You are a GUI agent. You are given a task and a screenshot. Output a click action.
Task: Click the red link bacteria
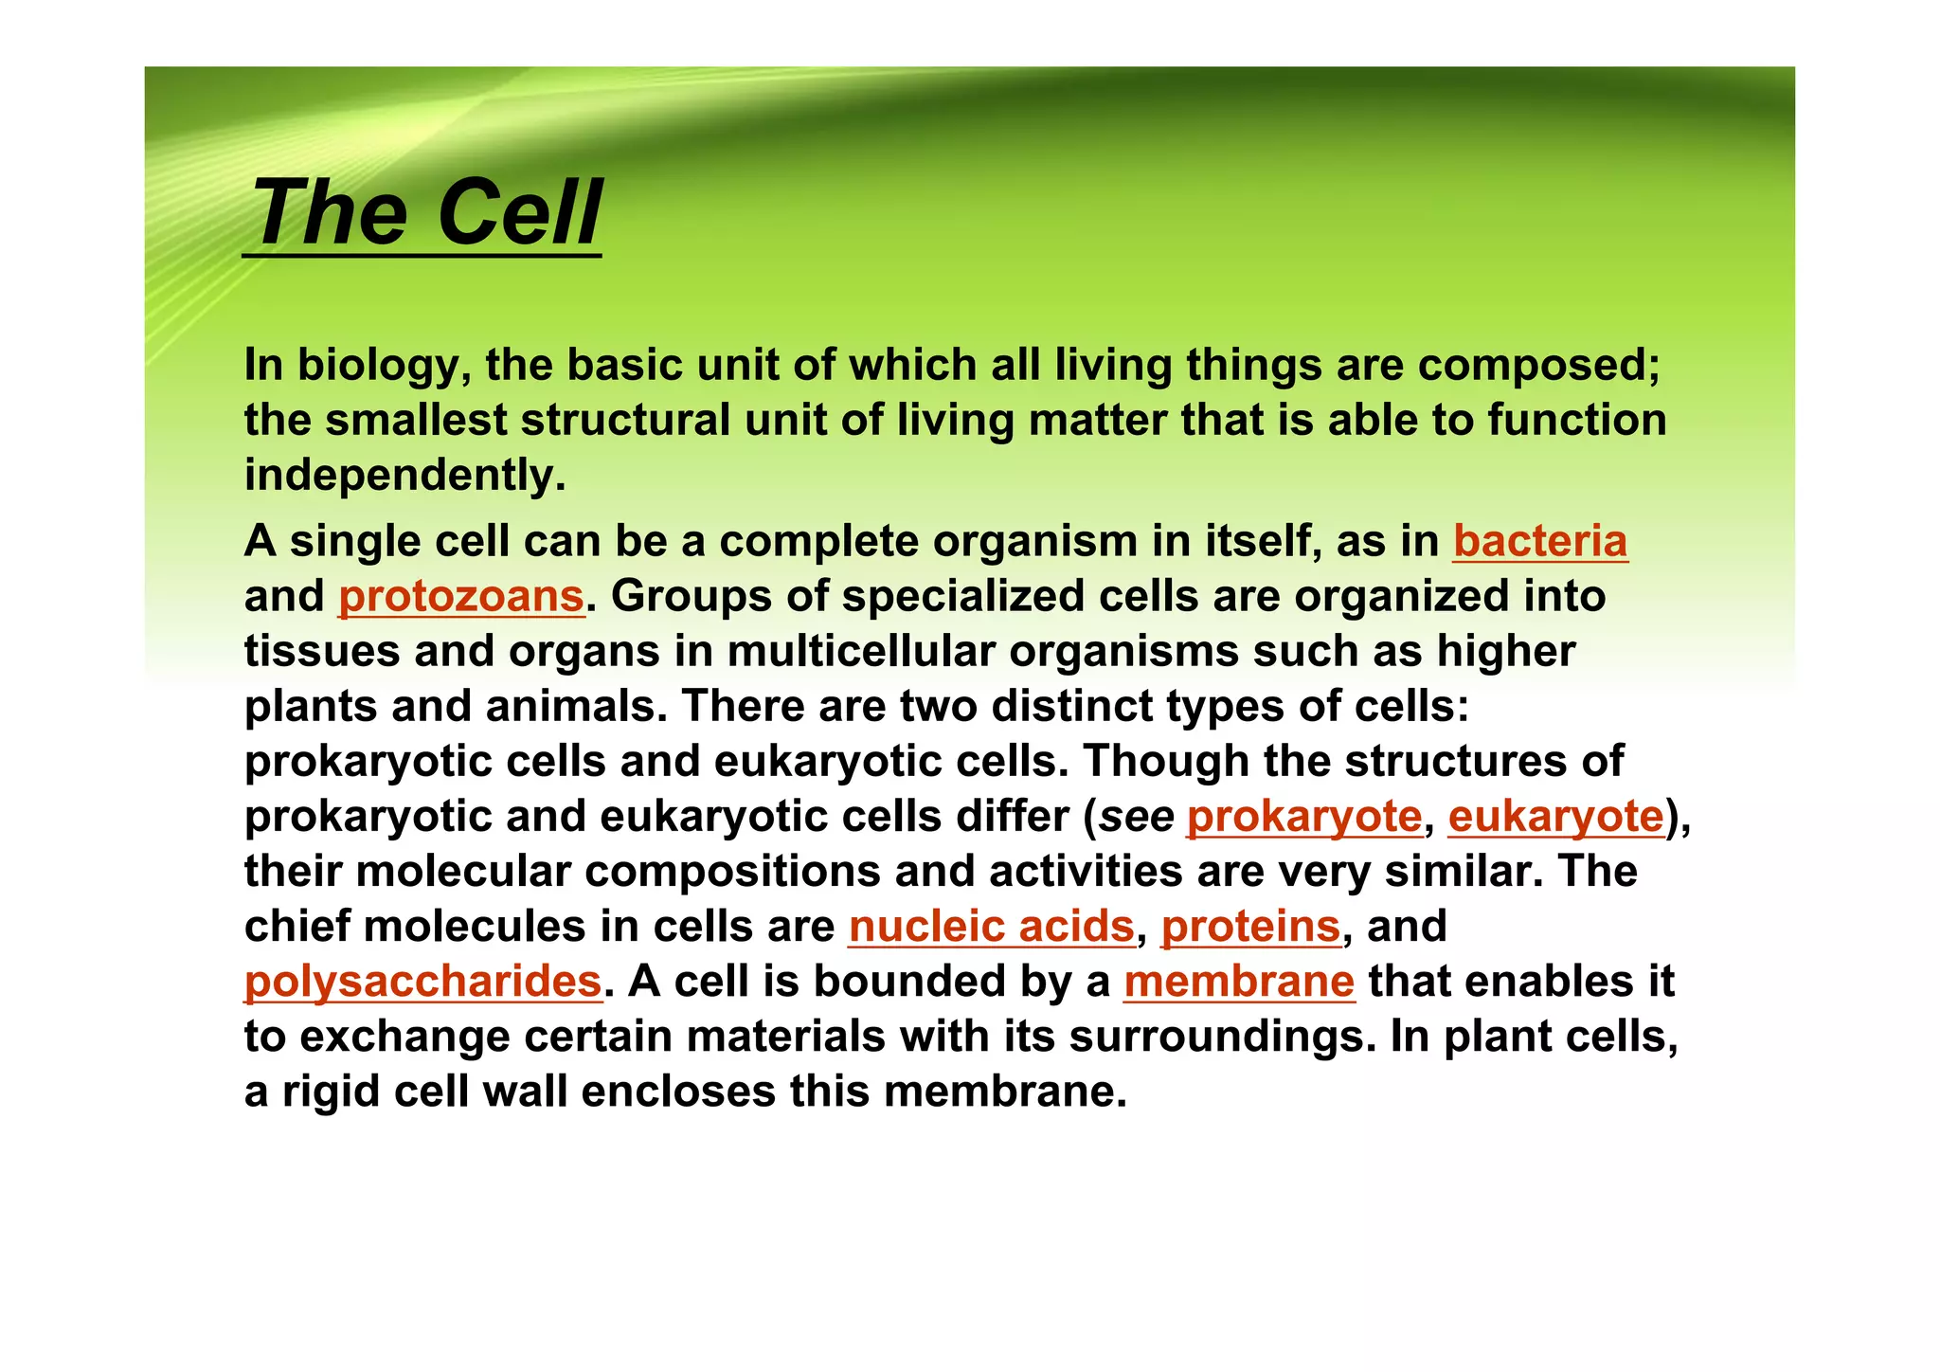point(1539,542)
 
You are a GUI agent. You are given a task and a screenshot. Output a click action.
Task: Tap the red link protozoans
point(461,597)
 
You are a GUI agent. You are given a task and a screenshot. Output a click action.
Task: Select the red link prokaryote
point(1303,817)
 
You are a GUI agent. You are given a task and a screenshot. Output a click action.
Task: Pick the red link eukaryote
point(1555,817)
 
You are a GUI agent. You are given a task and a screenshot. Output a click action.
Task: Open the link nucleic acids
point(991,927)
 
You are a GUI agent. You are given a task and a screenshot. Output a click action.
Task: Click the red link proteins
point(1250,927)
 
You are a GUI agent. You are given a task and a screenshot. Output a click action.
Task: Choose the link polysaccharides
point(422,982)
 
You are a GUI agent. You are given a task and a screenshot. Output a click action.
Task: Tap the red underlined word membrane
point(1238,982)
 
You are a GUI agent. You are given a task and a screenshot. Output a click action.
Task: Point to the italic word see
point(1136,817)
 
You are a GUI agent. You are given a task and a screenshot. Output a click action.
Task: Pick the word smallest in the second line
point(416,421)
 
